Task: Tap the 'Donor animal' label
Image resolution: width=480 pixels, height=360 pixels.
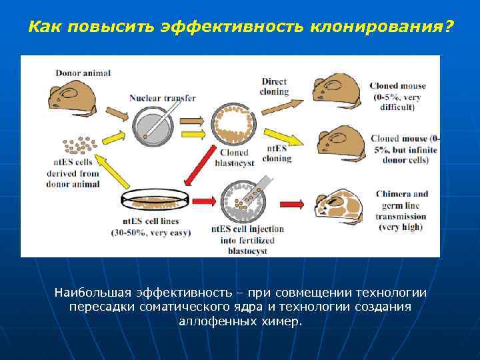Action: tap(83, 73)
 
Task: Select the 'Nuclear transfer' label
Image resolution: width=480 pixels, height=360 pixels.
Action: tap(162, 98)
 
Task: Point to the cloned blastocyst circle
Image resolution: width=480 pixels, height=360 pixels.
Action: tap(233, 125)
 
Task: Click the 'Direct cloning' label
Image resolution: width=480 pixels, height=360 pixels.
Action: tap(274, 87)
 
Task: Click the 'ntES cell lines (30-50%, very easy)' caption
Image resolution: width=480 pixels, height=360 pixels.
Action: tap(151, 227)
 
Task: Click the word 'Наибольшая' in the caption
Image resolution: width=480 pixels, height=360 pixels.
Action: tap(92, 293)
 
